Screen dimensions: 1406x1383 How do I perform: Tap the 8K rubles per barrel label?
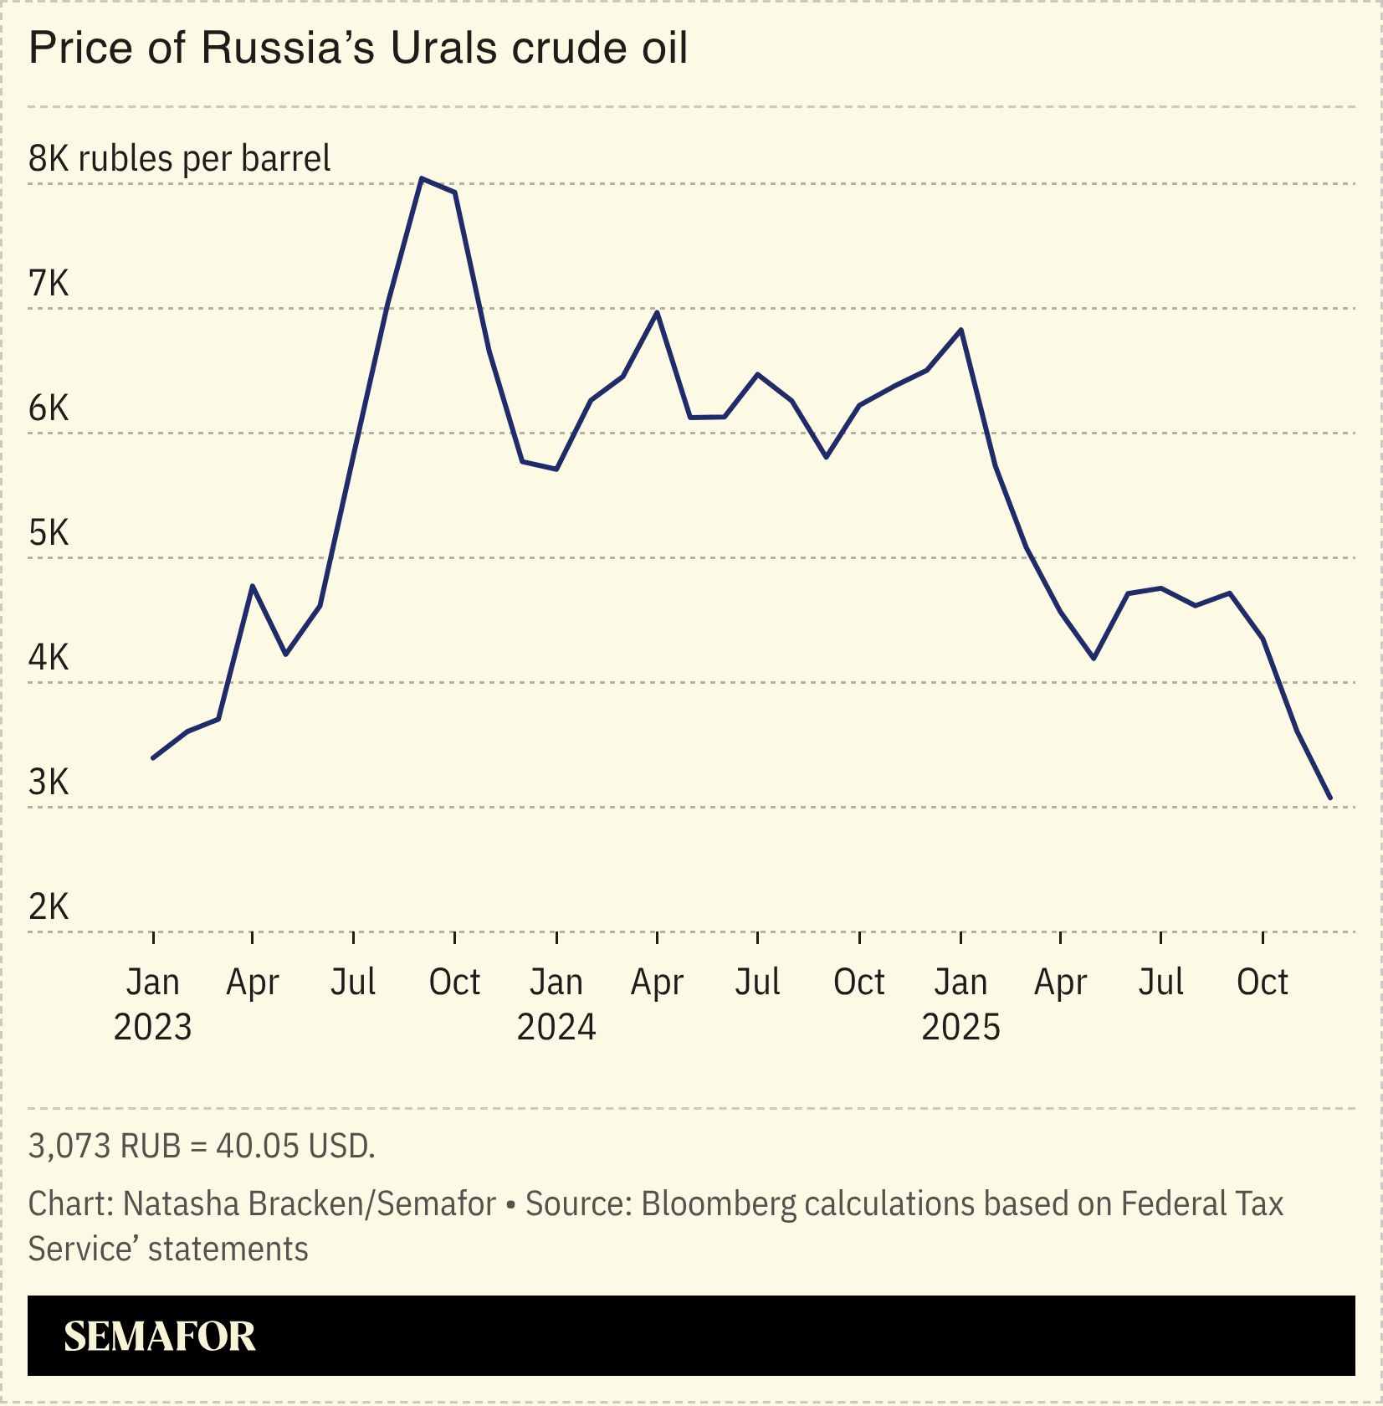click(179, 158)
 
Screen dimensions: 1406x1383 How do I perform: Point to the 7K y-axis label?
click(49, 284)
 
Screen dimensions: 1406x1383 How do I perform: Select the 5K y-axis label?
click(49, 533)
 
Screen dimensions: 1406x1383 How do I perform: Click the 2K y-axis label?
click(49, 907)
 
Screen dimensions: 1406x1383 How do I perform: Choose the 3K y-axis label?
click(49, 783)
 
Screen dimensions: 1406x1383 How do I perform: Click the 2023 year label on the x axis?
click(152, 1027)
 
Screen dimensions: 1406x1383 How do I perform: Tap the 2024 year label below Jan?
click(556, 1027)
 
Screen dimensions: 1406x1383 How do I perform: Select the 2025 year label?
click(960, 1027)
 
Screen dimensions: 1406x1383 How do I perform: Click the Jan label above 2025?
click(960, 983)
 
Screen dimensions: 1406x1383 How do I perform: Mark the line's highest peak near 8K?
click(422, 178)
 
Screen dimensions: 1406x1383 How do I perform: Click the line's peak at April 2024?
click(658, 312)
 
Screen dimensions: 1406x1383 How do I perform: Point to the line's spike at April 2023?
click(253, 586)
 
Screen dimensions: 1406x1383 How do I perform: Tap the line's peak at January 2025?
click(961, 330)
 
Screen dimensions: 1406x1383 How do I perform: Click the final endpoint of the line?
click(1330, 798)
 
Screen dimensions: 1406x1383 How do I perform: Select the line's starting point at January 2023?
click(152, 758)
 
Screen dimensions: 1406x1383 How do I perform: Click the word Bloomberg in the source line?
click(719, 1204)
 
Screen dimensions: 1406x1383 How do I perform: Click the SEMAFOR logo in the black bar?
click(159, 1337)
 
